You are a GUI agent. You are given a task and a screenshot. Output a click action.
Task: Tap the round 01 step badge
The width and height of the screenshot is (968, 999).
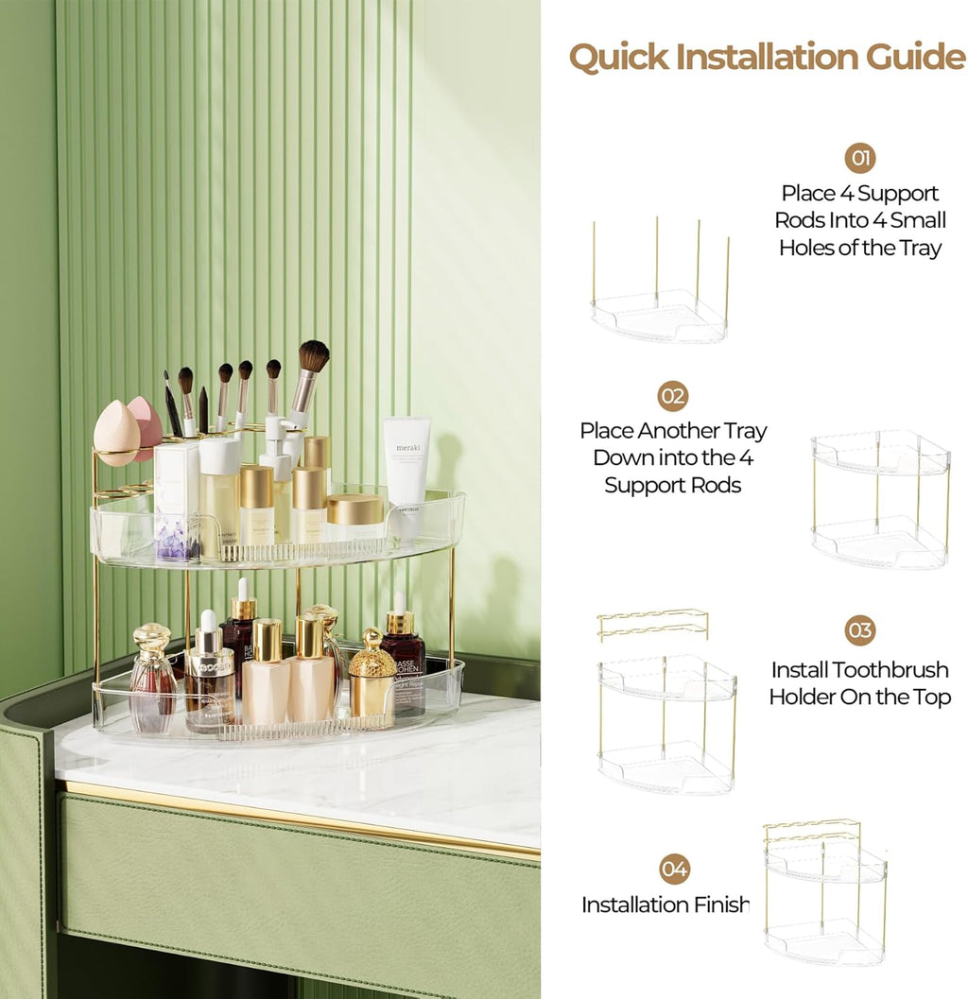click(859, 158)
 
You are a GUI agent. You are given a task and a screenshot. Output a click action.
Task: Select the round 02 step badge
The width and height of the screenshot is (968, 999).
click(672, 395)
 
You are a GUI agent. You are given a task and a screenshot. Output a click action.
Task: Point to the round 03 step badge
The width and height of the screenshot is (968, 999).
click(859, 630)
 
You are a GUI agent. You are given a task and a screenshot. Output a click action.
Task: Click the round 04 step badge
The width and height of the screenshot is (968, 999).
click(674, 869)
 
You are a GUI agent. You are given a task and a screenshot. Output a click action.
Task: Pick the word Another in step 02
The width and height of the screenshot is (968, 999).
click(678, 431)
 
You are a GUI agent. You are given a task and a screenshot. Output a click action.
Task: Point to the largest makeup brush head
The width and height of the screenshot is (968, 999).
click(312, 357)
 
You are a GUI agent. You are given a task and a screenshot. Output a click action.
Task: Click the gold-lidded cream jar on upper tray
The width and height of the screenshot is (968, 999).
click(355, 513)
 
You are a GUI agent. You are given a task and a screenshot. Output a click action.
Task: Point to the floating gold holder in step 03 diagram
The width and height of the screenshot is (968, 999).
click(652, 623)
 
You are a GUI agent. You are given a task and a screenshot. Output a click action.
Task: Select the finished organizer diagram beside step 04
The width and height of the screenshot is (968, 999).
click(824, 893)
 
